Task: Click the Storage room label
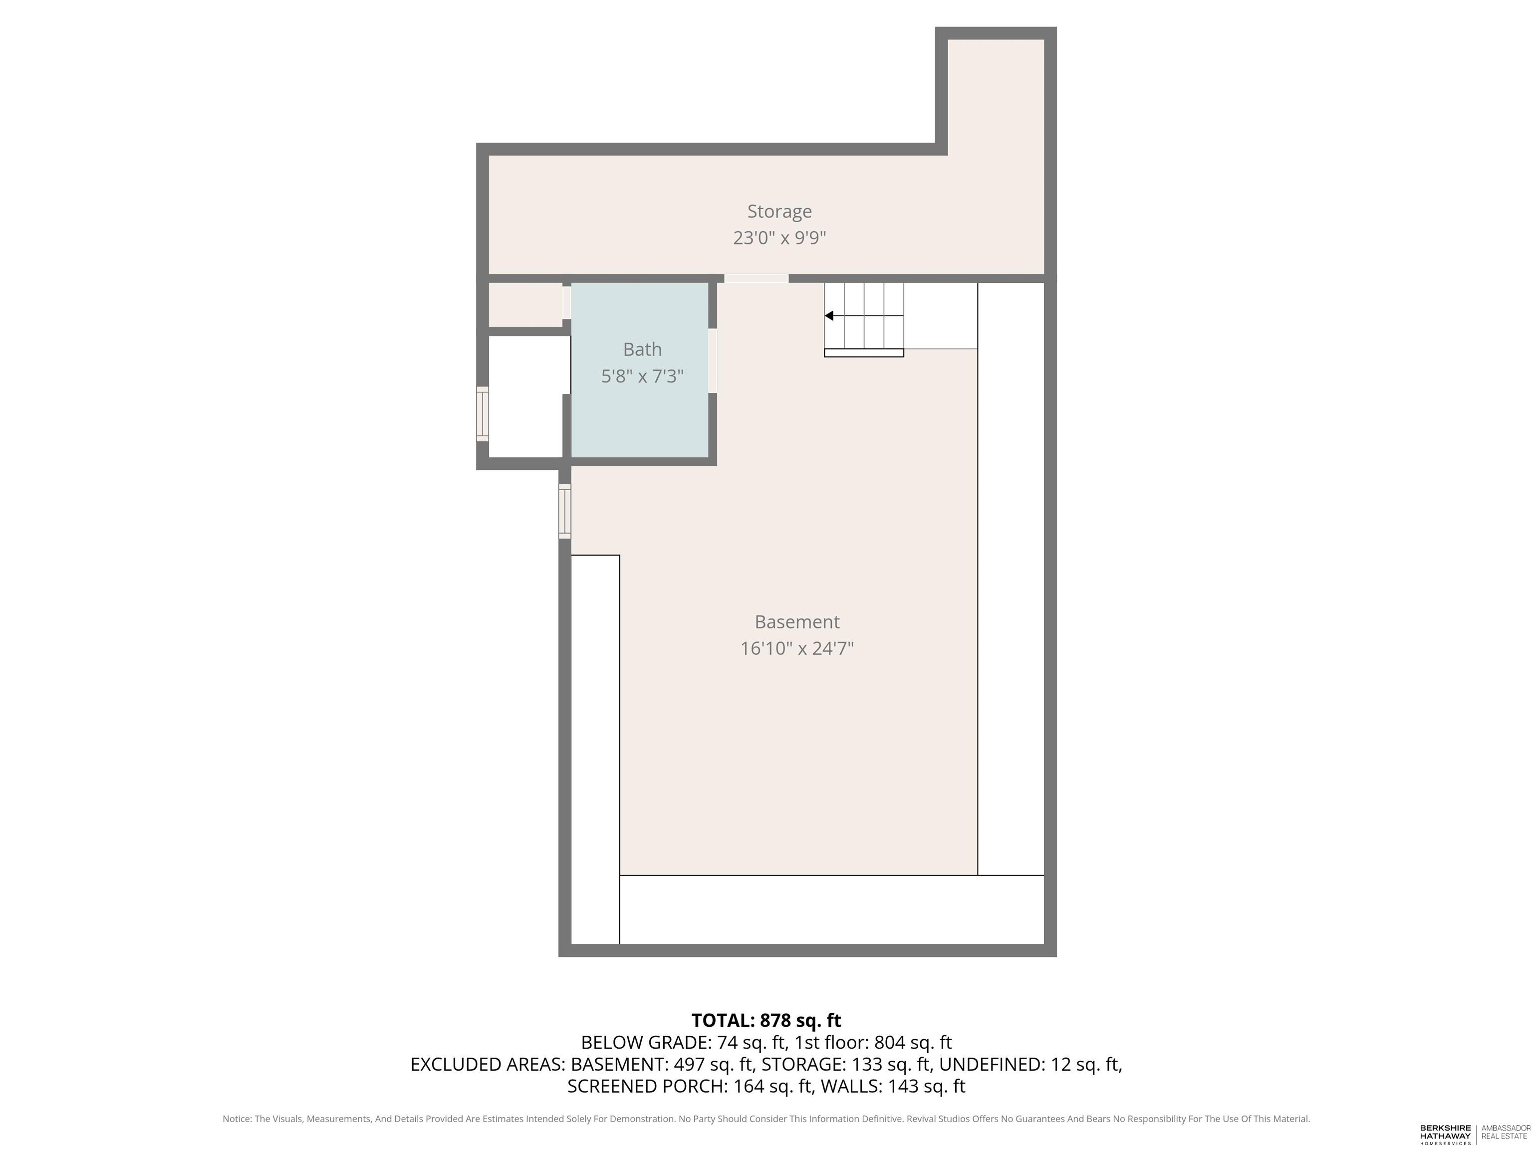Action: point(779,212)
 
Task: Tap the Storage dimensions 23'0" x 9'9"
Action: point(779,238)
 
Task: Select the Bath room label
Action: point(642,349)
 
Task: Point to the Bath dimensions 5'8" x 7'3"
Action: point(642,376)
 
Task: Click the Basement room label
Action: point(797,622)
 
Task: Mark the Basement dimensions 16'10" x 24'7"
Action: point(797,648)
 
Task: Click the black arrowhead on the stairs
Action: point(829,316)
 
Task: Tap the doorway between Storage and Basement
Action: point(756,279)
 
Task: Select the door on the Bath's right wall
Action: point(713,360)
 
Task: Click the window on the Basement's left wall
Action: point(565,512)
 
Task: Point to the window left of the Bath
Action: point(483,414)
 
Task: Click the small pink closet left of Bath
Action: point(525,304)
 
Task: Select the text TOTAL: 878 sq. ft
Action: point(766,1020)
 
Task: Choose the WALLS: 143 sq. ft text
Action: point(893,1086)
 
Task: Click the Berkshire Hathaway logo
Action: point(1445,1134)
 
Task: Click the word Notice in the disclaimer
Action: point(237,1119)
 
